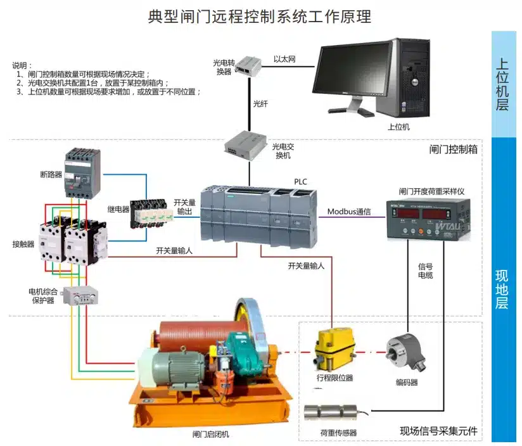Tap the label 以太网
tap(285, 59)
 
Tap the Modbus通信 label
tap(349, 211)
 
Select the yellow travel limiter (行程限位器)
tap(332, 352)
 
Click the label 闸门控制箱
tap(453, 150)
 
